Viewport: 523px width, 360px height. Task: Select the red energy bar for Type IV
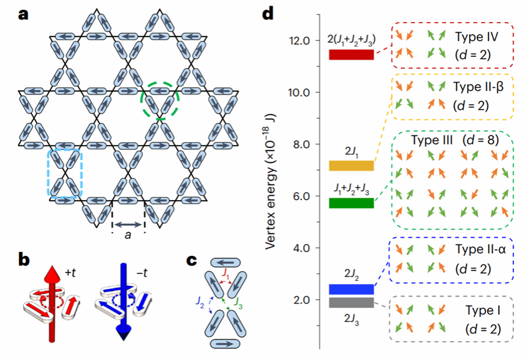[x=351, y=55]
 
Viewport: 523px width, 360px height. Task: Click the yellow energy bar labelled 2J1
[x=351, y=166]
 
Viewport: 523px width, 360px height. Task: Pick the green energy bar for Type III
[x=351, y=203]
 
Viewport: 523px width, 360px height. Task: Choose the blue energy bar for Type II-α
[x=351, y=289]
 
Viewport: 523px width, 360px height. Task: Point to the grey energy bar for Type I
[x=351, y=303]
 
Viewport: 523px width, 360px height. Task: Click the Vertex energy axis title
[x=271, y=182]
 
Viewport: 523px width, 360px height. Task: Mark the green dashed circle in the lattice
[x=161, y=98]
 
